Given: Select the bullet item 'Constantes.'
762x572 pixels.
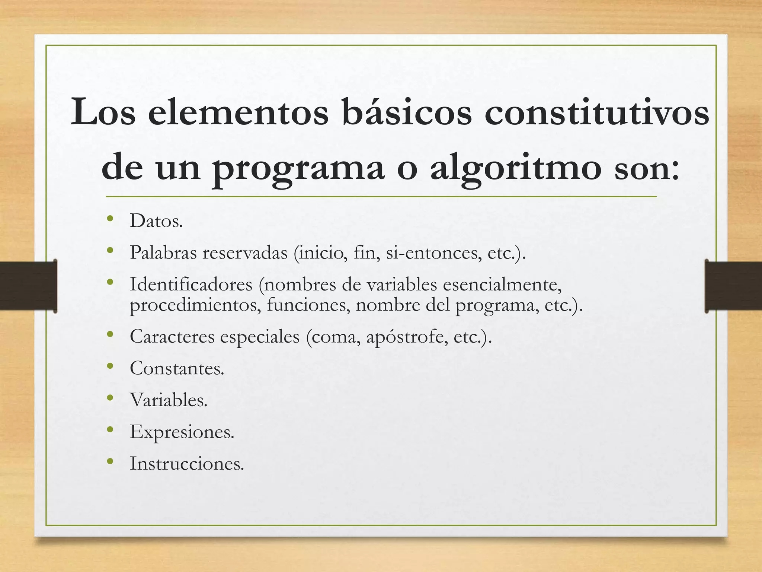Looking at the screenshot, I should pyautogui.click(x=177, y=368).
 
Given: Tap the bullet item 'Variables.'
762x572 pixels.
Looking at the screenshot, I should pyautogui.click(x=169, y=400).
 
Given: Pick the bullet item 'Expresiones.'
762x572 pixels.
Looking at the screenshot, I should pyautogui.click(x=182, y=432).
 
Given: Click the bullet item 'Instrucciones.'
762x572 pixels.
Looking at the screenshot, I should pyautogui.click(x=187, y=464).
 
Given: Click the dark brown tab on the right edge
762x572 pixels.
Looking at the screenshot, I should pyautogui.click(x=733, y=286).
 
